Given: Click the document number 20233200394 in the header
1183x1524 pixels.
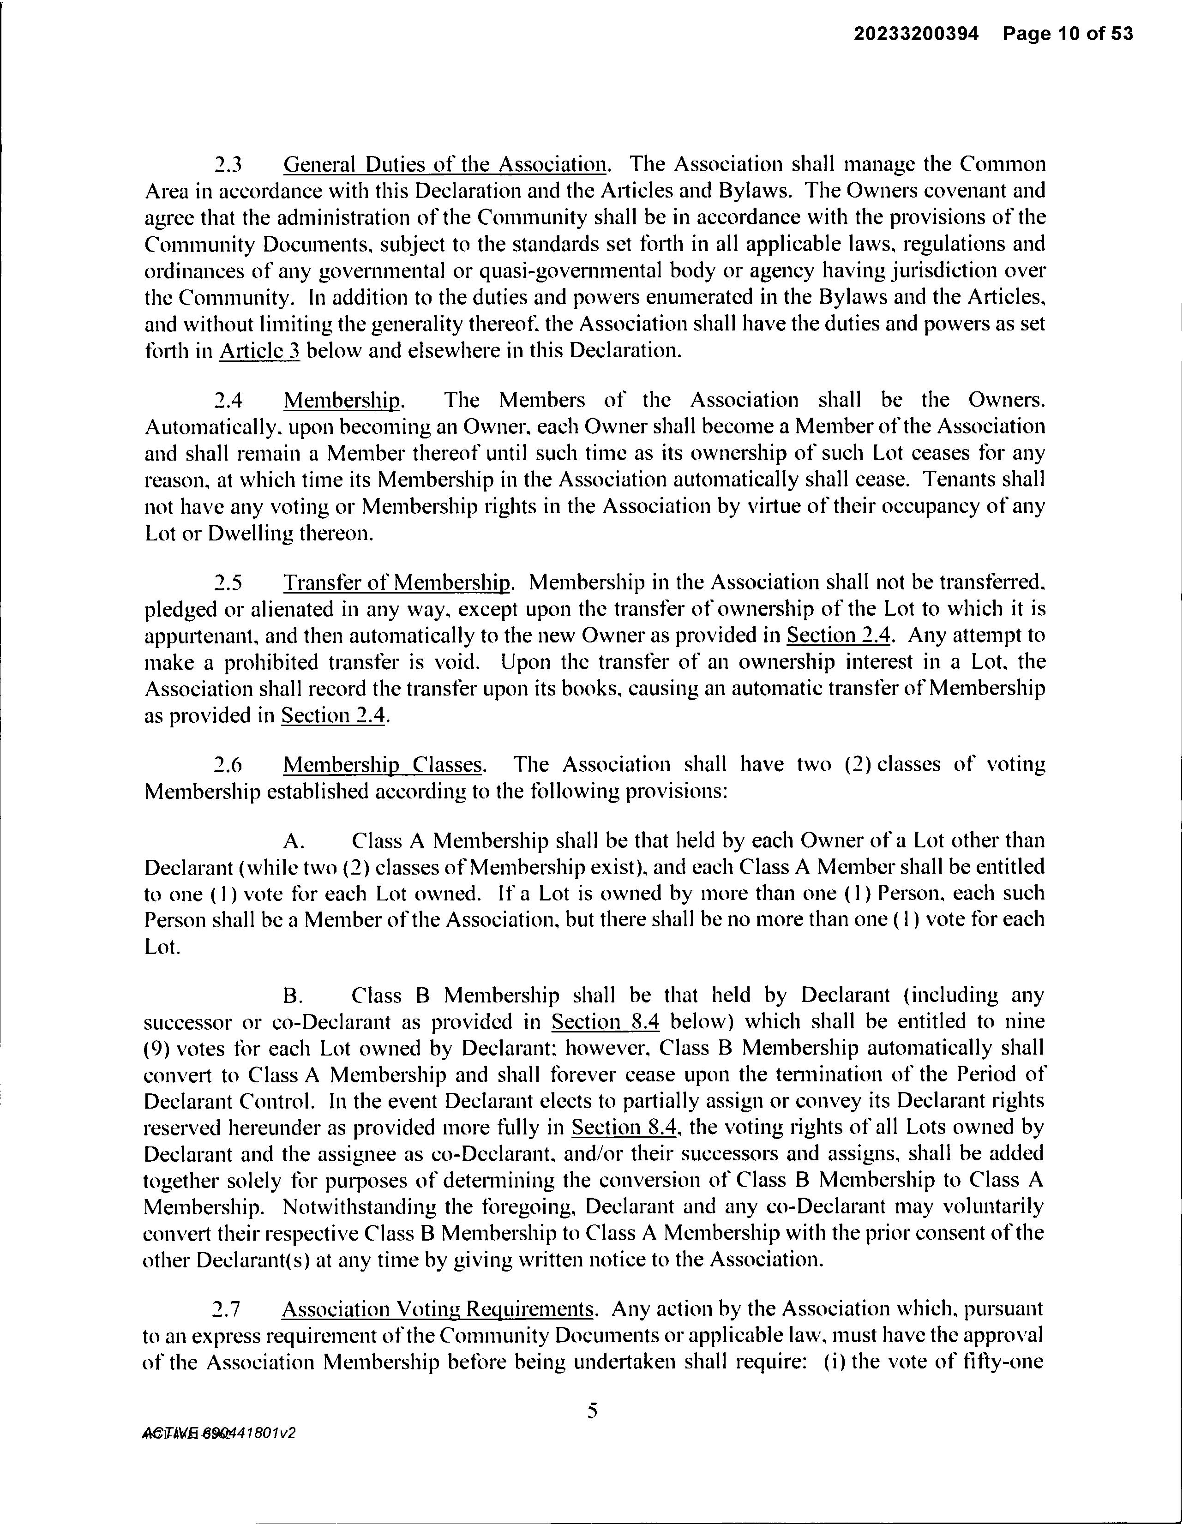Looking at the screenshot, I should coord(916,34).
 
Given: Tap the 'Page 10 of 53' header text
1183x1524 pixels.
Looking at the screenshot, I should coord(1068,34).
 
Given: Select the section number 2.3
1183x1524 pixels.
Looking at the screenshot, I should coord(228,165).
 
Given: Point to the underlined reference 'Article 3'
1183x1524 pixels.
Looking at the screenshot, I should coord(259,350).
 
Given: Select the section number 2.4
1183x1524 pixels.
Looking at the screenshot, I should coord(228,400).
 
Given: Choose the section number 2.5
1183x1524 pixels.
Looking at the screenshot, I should coord(228,582).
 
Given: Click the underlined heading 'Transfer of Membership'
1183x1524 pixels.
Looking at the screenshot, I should coord(396,582).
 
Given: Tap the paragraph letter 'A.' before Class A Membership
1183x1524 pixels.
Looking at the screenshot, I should coord(294,841).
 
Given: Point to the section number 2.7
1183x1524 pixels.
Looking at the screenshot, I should coord(228,1309).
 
